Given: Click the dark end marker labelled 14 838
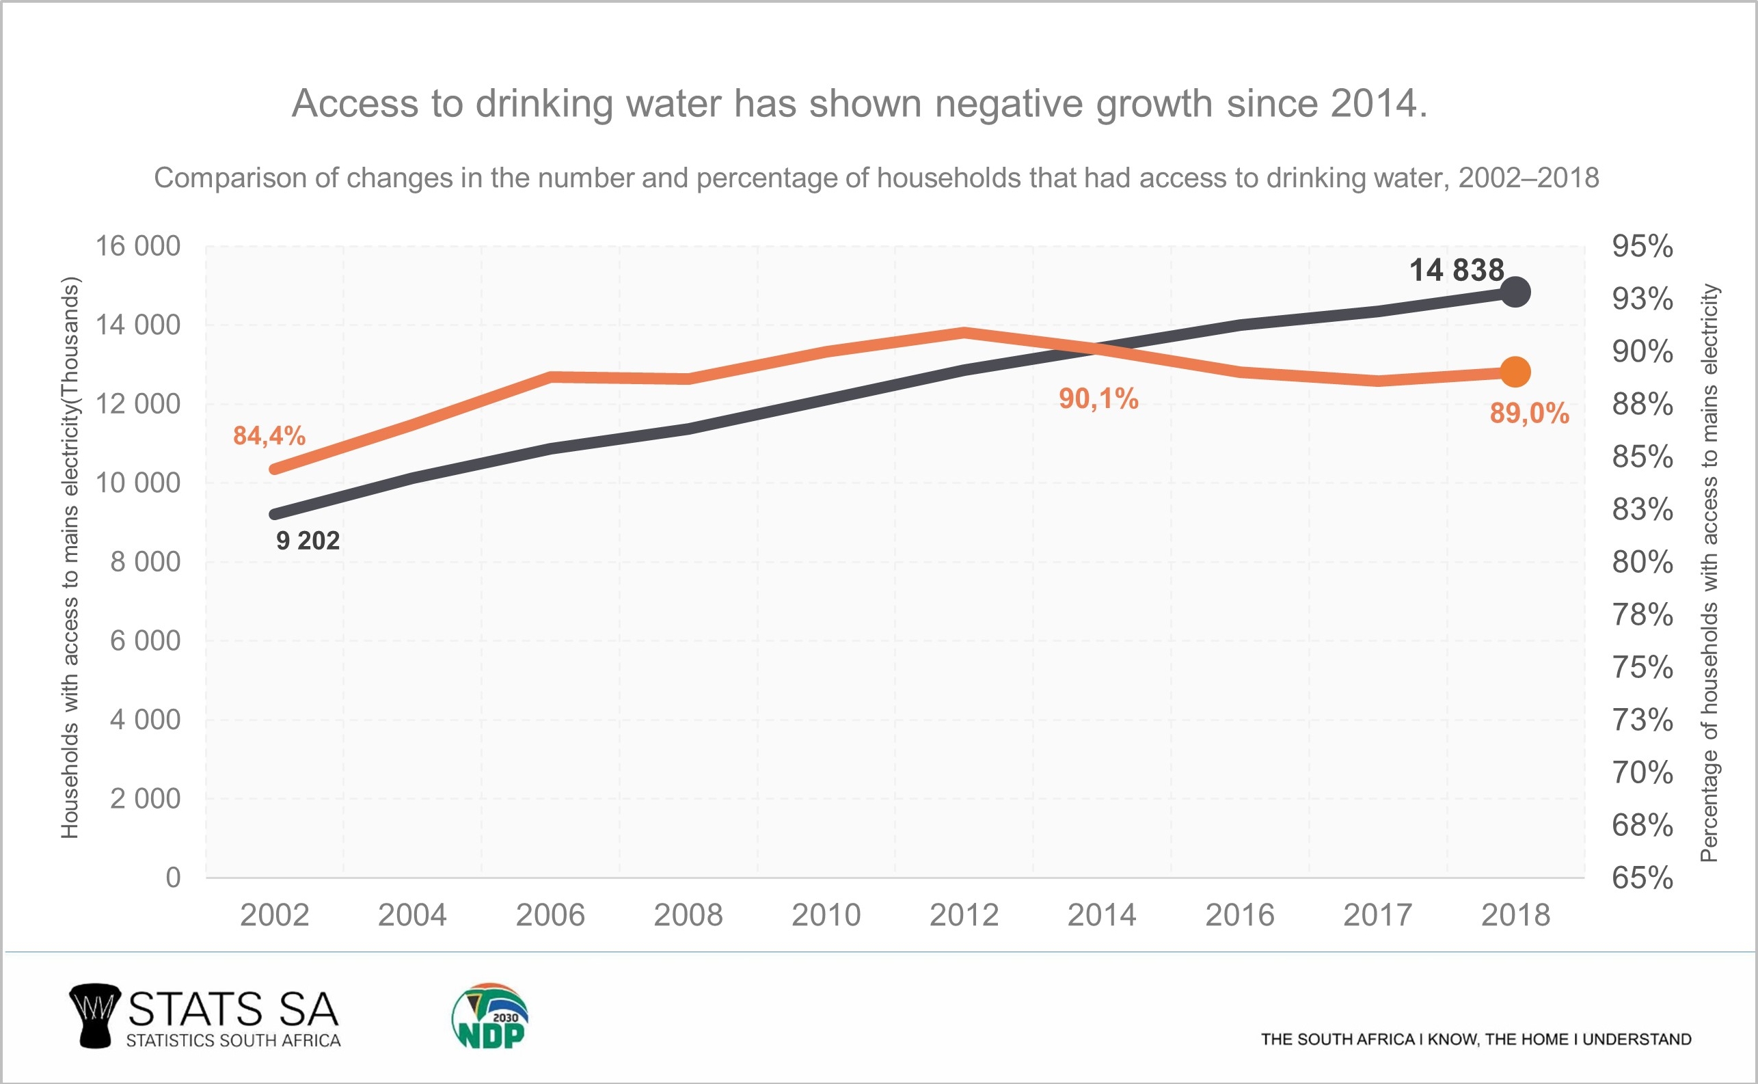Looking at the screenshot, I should (1515, 292).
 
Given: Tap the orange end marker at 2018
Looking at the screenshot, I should (1515, 371).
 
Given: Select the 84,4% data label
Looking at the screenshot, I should (269, 435).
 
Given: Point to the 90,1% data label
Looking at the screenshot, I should (1098, 398).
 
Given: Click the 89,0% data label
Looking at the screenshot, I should (1529, 413).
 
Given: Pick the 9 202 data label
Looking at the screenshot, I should (308, 541).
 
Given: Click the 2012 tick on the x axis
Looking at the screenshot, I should (964, 914).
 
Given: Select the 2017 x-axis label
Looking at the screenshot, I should (1377, 914).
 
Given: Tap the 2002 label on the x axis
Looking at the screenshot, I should (274, 914).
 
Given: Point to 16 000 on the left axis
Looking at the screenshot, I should (137, 246).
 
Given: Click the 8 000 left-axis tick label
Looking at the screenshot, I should (145, 561).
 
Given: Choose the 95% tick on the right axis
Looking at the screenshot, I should (1642, 246).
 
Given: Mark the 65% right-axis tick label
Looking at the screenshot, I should (1642, 878).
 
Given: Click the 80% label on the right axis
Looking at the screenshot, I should (1642, 561).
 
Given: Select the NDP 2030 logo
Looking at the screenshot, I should (489, 1016).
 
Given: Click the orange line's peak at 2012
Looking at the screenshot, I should (964, 332).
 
